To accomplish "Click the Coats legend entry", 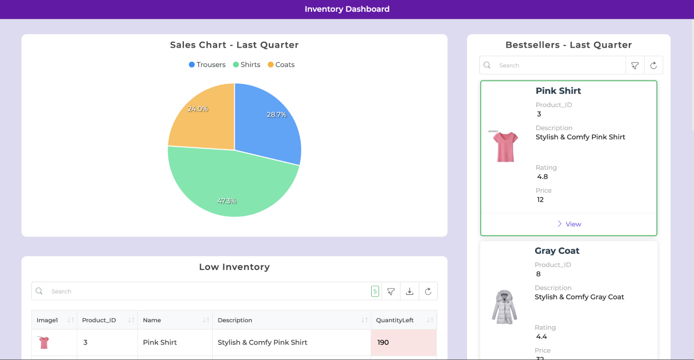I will coord(281,65).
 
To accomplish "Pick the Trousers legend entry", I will coord(207,65).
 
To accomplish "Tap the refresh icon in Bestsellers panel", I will coord(653,65).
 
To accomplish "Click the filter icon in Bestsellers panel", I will coord(635,65).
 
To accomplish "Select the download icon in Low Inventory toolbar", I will coord(410,291).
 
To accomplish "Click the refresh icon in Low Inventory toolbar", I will coord(428,291).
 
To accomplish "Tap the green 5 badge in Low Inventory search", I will coord(375,291).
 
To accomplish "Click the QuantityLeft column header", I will coord(395,320).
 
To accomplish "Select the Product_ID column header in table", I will coord(99,320).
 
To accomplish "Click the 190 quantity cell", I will coord(383,342).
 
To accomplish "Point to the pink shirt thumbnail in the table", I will coord(44,342).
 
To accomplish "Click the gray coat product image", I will coord(504,307).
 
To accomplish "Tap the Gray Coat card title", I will coord(557,251).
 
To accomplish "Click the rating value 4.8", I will coord(542,177).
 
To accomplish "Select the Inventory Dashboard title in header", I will coord(347,9).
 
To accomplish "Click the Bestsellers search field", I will coord(559,65).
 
